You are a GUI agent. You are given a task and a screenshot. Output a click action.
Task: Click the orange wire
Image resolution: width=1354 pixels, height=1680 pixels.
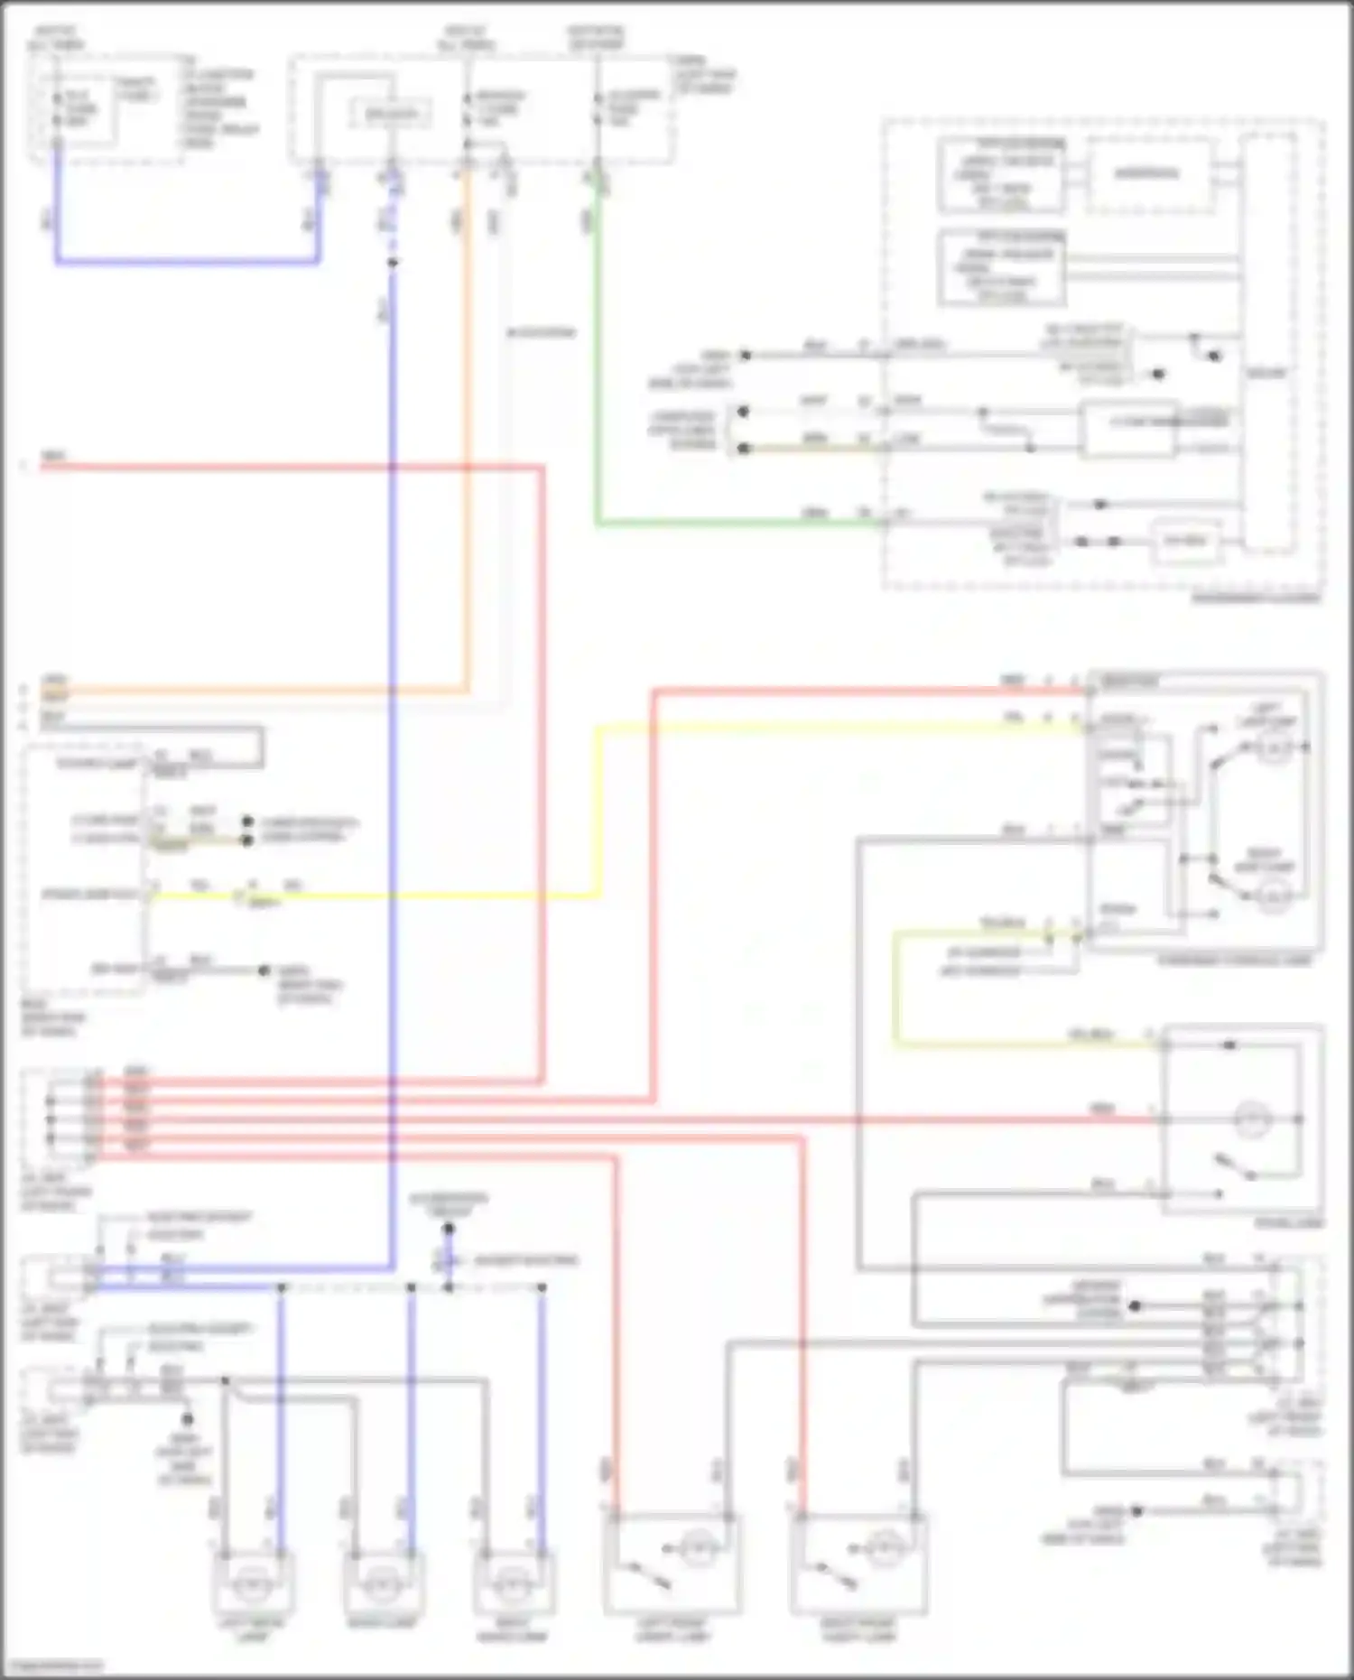[467, 451]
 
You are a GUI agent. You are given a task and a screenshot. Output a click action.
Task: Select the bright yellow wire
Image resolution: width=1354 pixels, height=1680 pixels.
[597, 812]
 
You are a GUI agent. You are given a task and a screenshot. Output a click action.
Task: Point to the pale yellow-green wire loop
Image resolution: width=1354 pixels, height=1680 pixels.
[895, 993]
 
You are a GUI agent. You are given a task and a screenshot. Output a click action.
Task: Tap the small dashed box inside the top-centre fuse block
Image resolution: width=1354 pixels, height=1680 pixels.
[391, 114]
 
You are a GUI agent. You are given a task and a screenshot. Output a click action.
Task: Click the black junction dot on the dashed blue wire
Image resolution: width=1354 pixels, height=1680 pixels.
[392, 264]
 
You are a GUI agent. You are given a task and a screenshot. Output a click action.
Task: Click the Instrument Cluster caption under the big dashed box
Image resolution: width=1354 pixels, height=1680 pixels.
[1255, 599]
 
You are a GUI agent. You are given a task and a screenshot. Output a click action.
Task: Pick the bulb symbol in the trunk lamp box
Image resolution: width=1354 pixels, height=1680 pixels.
[1254, 1120]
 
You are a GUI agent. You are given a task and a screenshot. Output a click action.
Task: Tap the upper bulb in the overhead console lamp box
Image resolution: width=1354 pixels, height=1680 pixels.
[1274, 748]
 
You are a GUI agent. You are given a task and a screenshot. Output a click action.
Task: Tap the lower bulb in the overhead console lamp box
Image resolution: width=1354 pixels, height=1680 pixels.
[1274, 896]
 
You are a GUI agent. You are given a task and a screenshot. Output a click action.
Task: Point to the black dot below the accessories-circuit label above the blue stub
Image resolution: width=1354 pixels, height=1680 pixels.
[449, 1229]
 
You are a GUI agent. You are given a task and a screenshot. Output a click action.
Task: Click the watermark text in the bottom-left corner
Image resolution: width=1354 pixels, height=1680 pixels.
[52, 1664]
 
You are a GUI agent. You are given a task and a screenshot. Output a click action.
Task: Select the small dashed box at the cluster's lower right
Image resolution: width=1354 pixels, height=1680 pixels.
[1185, 542]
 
